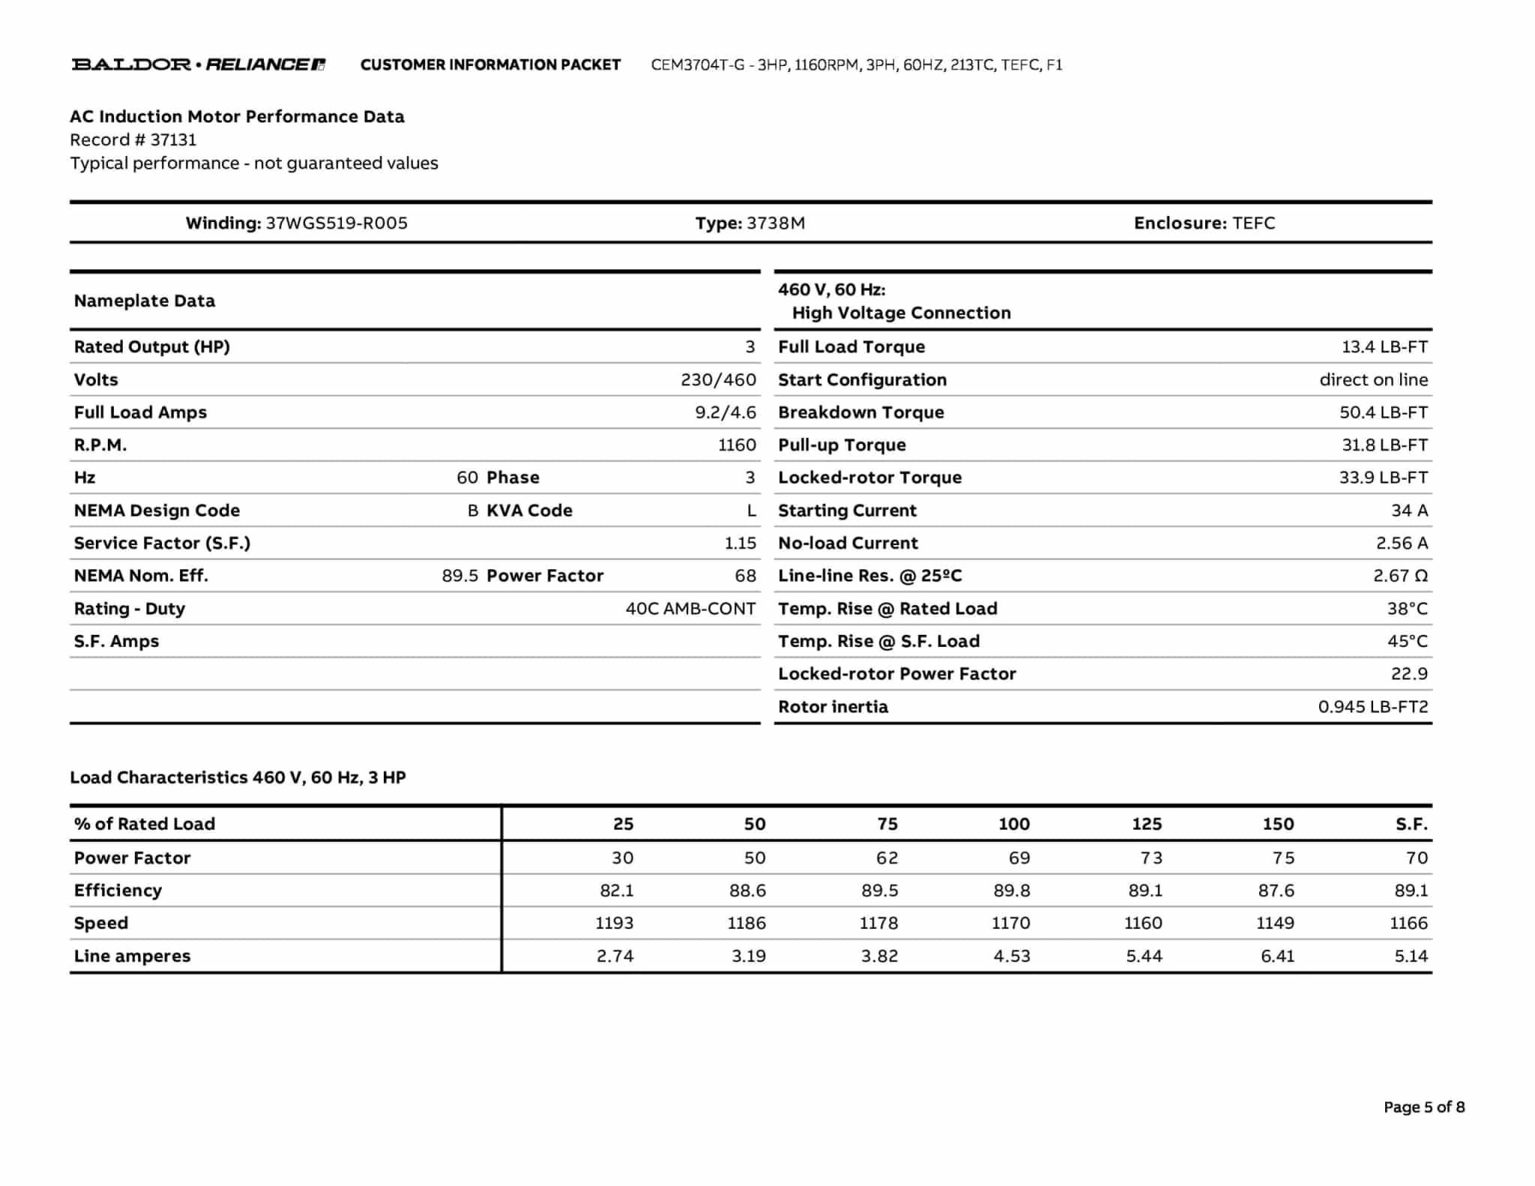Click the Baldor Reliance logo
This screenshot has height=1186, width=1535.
click(x=199, y=64)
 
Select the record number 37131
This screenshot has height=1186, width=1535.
click(x=173, y=140)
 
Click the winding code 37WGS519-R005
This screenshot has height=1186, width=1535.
click(x=337, y=223)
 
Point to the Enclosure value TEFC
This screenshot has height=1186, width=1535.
click(x=1253, y=223)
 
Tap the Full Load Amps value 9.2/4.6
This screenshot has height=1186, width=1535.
click(x=725, y=412)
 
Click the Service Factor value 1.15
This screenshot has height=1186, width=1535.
click(x=740, y=544)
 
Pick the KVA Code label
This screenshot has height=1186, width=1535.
click(x=529, y=511)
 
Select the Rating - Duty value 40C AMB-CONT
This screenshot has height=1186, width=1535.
click(x=690, y=609)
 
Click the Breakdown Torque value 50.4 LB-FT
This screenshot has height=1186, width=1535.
click(x=1383, y=412)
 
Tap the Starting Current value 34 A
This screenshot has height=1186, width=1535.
click(x=1409, y=511)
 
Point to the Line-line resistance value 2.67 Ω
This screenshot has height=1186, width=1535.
click(x=1400, y=576)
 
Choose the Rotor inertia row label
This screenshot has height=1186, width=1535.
click(x=833, y=707)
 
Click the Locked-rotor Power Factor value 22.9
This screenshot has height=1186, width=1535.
click(x=1409, y=674)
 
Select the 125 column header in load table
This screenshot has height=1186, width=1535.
click(x=1146, y=824)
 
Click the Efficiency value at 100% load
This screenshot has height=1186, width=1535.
click(x=1011, y=891)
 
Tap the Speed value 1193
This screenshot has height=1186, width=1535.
click(x=614, y=924)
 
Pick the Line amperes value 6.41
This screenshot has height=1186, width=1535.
click(x=1276, y=957)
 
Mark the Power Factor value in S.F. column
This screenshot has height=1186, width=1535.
click(x=1417, y=858)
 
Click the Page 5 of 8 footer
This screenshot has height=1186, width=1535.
click(x=1423, y=1107)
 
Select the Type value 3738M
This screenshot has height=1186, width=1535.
click(x=776, y=223)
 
